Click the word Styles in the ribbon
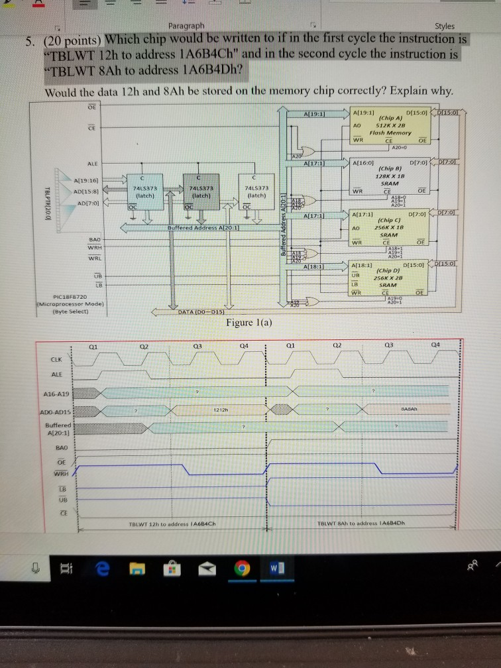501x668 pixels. [444, 26]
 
